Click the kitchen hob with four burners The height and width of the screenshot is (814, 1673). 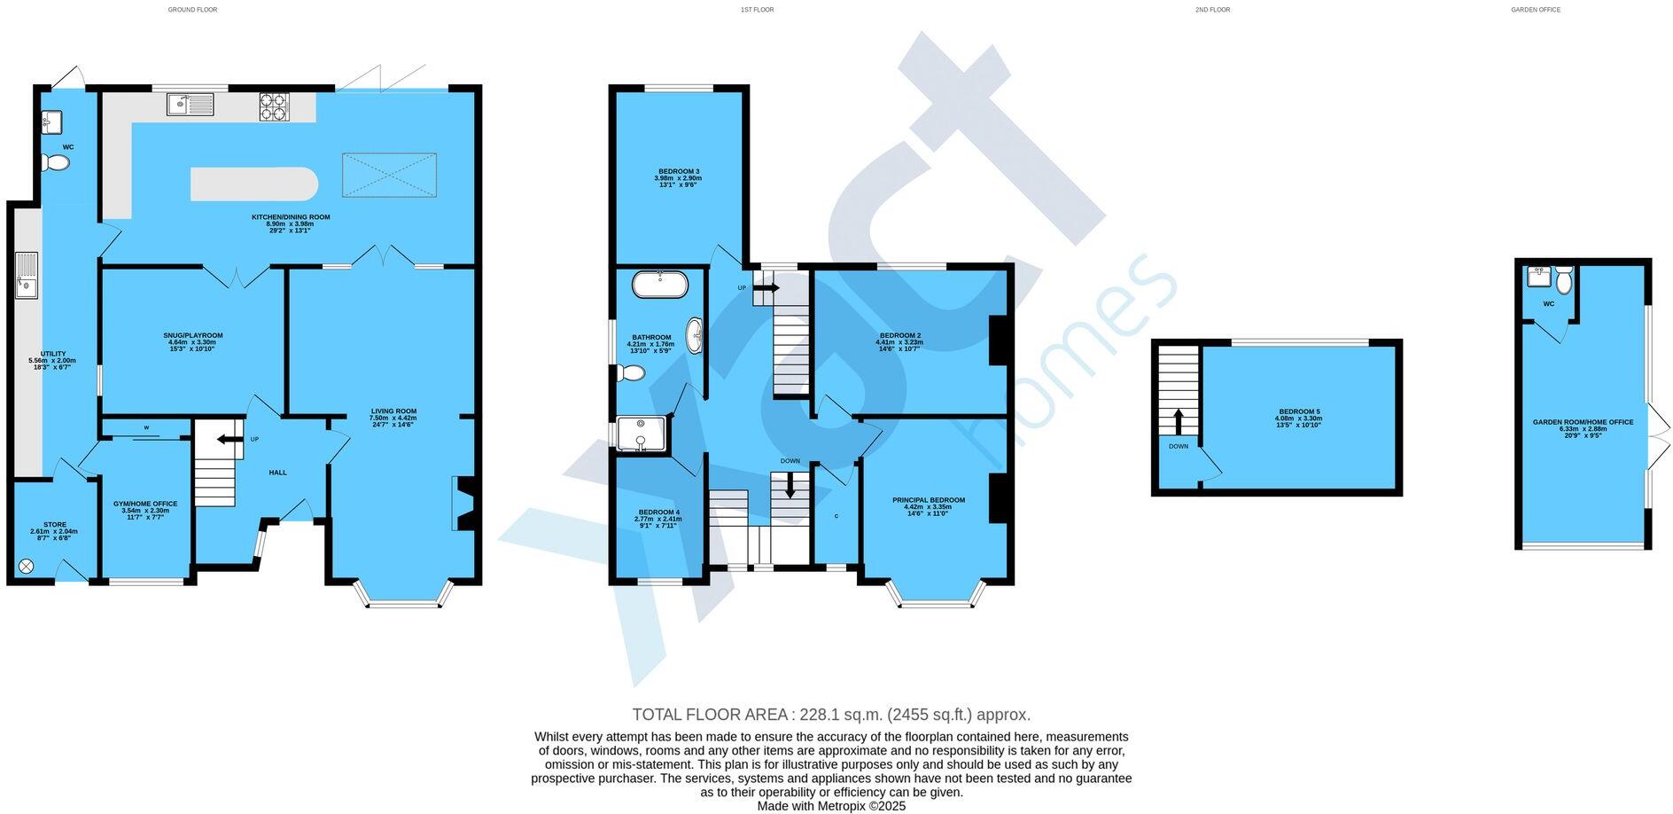tap(275, 107)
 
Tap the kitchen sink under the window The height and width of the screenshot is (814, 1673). tap(190, 106)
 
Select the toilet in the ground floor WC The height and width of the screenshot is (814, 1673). tap(56, 162)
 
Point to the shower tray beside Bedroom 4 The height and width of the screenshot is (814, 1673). tap(640, 434)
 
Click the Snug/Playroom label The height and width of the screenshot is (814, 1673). tap(192, 341)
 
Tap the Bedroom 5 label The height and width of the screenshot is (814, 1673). tap(1299, 418)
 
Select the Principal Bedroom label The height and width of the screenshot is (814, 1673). tap(928, 505)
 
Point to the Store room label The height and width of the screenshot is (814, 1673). tap(54, 530)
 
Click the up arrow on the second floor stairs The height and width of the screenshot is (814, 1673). tap(1178, 420)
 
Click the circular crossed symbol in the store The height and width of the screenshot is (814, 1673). tap(27, 565)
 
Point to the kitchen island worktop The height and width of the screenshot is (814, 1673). tap(253, 184)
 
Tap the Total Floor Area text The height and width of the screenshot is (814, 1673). tap(830, 715)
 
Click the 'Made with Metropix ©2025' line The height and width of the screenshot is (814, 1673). tap(830, 806)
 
